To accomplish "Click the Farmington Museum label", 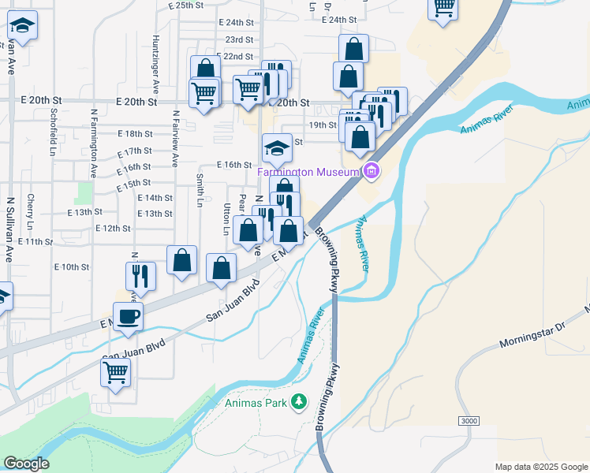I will [308, 171].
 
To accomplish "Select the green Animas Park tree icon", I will [298, 402].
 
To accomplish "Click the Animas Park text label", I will [256, 403].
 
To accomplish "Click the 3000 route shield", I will [469, 421].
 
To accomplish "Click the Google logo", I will [26, 464].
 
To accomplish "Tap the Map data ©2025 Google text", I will [540, 467].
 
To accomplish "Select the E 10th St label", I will [71, 267].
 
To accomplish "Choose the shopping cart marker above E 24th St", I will [443, 7].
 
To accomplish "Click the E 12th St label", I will [112, 228].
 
